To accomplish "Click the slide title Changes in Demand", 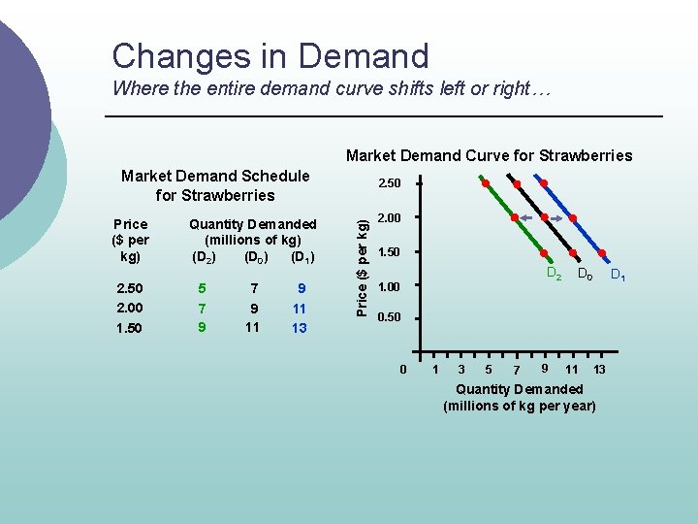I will pos(270,55).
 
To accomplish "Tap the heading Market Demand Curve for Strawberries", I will pos(489,155).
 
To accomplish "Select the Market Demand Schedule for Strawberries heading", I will pos(215,184).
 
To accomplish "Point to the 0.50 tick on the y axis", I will pos(388,317).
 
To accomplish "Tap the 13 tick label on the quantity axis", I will pos(599,370).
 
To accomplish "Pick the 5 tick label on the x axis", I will pos(489,370).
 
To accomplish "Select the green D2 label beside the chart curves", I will pos(554,274).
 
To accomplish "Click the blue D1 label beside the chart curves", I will pos(617,278).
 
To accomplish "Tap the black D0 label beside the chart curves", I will pos(585,276).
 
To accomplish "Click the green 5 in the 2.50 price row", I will pos(202,288).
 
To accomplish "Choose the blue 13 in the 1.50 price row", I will pos(299,328).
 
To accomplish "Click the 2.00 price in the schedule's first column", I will pos(128,308).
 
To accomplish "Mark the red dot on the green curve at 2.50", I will pos(485,182).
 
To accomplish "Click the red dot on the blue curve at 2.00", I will pos(572,218).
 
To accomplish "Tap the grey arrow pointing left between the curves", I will pos(528,218).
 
